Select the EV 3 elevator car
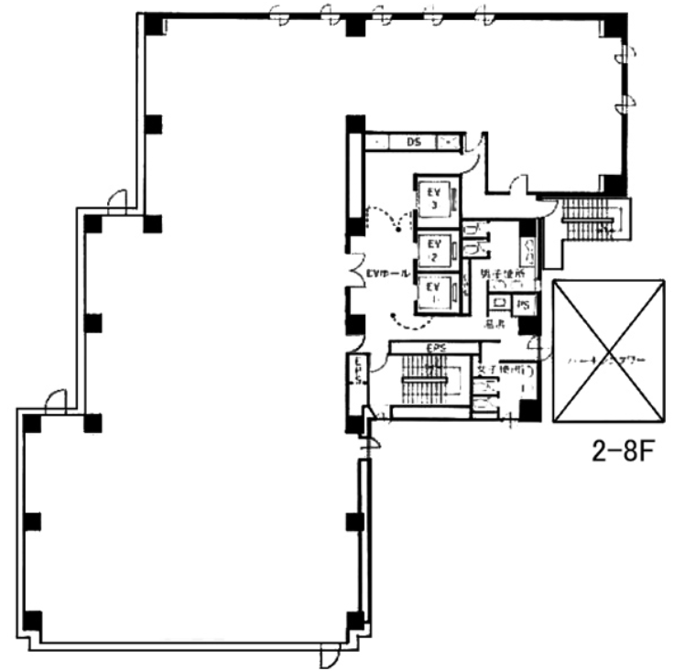point(434,199)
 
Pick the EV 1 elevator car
point(434,293)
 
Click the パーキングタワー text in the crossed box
point(608,360)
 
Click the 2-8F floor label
point(620,453)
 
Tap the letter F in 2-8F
point(643,453)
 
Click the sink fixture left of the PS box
point(501,303)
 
